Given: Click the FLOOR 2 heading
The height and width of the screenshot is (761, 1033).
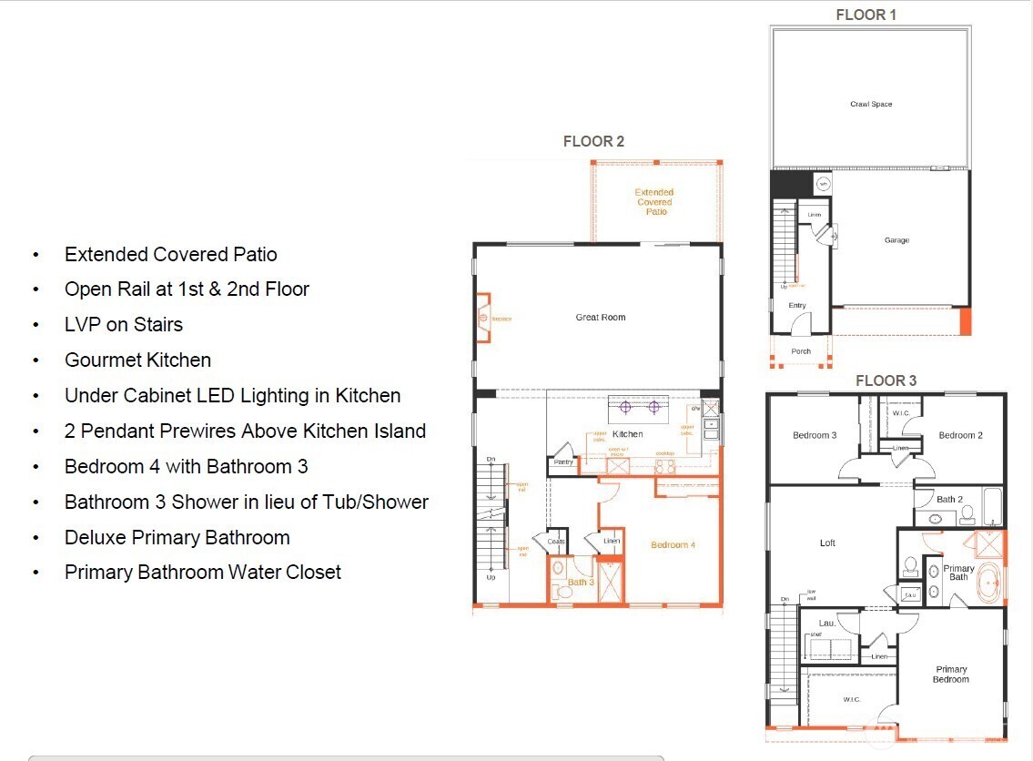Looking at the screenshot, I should point(593,141).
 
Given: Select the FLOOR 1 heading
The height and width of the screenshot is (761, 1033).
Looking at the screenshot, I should point(866,15).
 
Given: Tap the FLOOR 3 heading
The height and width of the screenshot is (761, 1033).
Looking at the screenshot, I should point(886,380).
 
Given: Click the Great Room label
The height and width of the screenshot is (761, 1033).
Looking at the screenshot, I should point(600,318).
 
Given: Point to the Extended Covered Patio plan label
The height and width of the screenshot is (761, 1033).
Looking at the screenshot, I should point(654,202).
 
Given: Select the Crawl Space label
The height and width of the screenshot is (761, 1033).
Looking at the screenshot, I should point(871,105).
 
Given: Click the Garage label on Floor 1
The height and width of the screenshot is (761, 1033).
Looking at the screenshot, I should point(896,240).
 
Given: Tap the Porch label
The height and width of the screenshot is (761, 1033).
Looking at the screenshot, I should point(801,351).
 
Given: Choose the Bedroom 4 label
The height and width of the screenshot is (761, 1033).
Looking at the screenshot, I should point(673,545).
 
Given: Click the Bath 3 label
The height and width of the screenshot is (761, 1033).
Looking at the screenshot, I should point(581,583).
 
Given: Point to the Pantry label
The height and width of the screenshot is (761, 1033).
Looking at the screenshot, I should point(564,462).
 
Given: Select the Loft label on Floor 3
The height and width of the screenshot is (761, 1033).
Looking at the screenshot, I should point(827,543).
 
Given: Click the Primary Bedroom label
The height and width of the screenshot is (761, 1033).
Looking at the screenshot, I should point(950,675).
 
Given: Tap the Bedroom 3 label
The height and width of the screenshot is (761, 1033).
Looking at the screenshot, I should point(814,435).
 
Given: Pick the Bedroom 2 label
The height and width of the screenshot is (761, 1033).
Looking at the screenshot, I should point(960,435).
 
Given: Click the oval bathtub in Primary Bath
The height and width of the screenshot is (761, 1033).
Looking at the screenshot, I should point(987,584).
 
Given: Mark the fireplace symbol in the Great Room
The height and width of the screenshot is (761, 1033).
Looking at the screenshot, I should point(482,319).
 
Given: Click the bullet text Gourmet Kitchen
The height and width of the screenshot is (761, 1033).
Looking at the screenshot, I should point(137,360).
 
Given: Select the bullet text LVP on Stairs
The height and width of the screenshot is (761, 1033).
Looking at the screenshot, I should point(123,325).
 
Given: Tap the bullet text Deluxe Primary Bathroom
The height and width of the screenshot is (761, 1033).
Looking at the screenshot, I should point(177,537).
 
